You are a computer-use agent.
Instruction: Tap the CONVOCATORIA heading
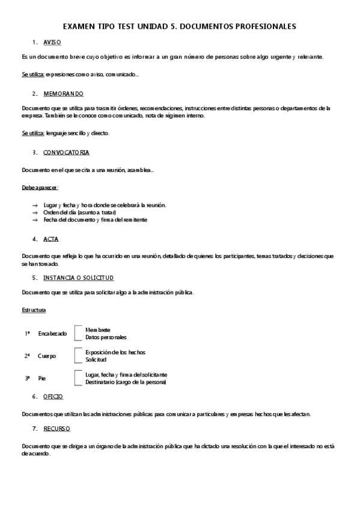pos(66,152)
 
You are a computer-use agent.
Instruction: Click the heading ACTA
pos(50,239)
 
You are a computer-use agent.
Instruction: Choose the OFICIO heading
pos(53,396)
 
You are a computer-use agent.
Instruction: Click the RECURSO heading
pos(56,428)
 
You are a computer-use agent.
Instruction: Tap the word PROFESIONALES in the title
pos(267,26)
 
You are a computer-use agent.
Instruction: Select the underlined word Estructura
pos(34,310)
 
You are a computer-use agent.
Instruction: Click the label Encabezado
pos(52,334)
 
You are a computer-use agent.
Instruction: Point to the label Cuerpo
pos(47,356)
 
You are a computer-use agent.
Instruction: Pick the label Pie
pos(42,378)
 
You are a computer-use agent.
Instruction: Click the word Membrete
pos(97,330)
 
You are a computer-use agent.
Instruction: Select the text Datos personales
pos(106,337)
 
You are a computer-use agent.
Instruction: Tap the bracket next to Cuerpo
pos(77,355)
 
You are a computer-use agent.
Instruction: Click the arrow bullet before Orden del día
pos(35,212)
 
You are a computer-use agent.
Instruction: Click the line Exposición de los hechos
pos(115,352)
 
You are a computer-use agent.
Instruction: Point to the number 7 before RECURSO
pos(34,428)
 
